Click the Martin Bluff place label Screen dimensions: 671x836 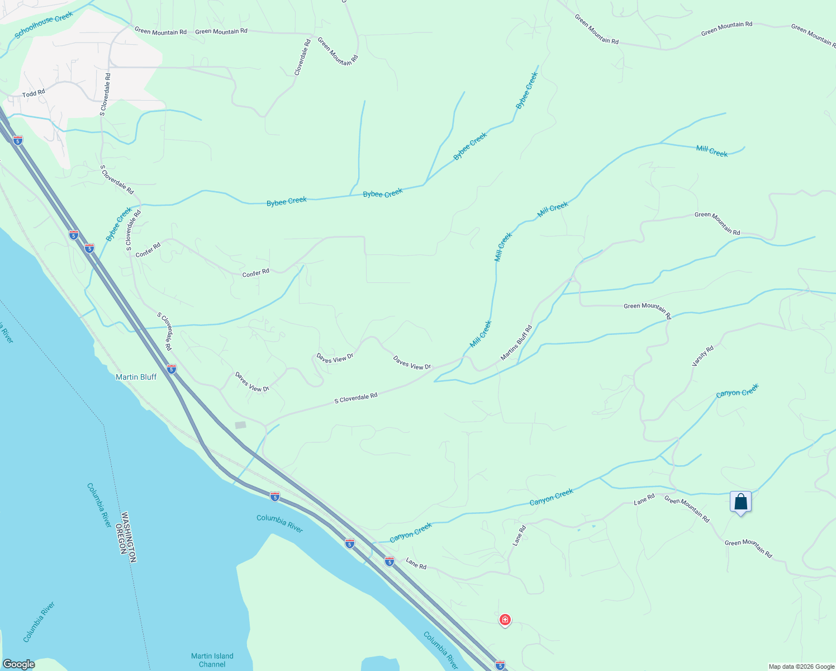(x=136, y=377)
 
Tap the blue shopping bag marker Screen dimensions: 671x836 (x=740, y=502)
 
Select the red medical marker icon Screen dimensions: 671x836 (x=505, y=620)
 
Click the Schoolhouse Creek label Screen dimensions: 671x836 (x=44, y=25)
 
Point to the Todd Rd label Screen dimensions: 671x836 (x=34, y=93)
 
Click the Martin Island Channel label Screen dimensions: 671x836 (x=212, y=660)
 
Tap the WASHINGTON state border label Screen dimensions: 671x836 (x=129, y=536)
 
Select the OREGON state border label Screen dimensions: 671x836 (x=119, y=538)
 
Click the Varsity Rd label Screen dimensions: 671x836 (x=703, y=356)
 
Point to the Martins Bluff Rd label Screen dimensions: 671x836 (x=516, y=343)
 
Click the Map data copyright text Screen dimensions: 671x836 (x=801, y=667)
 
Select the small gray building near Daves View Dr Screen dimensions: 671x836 (x=240, y=425)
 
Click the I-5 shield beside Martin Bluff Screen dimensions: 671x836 (x=172, y=369)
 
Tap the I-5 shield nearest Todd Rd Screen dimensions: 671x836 (x=18, y=140)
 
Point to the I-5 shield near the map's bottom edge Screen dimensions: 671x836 (x=500, y=665)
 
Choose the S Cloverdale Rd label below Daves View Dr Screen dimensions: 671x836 (x=356, y=398)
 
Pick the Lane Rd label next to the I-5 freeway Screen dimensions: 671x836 (x=416, y=564)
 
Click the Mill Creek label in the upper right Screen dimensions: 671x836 (x=712, y=151)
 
